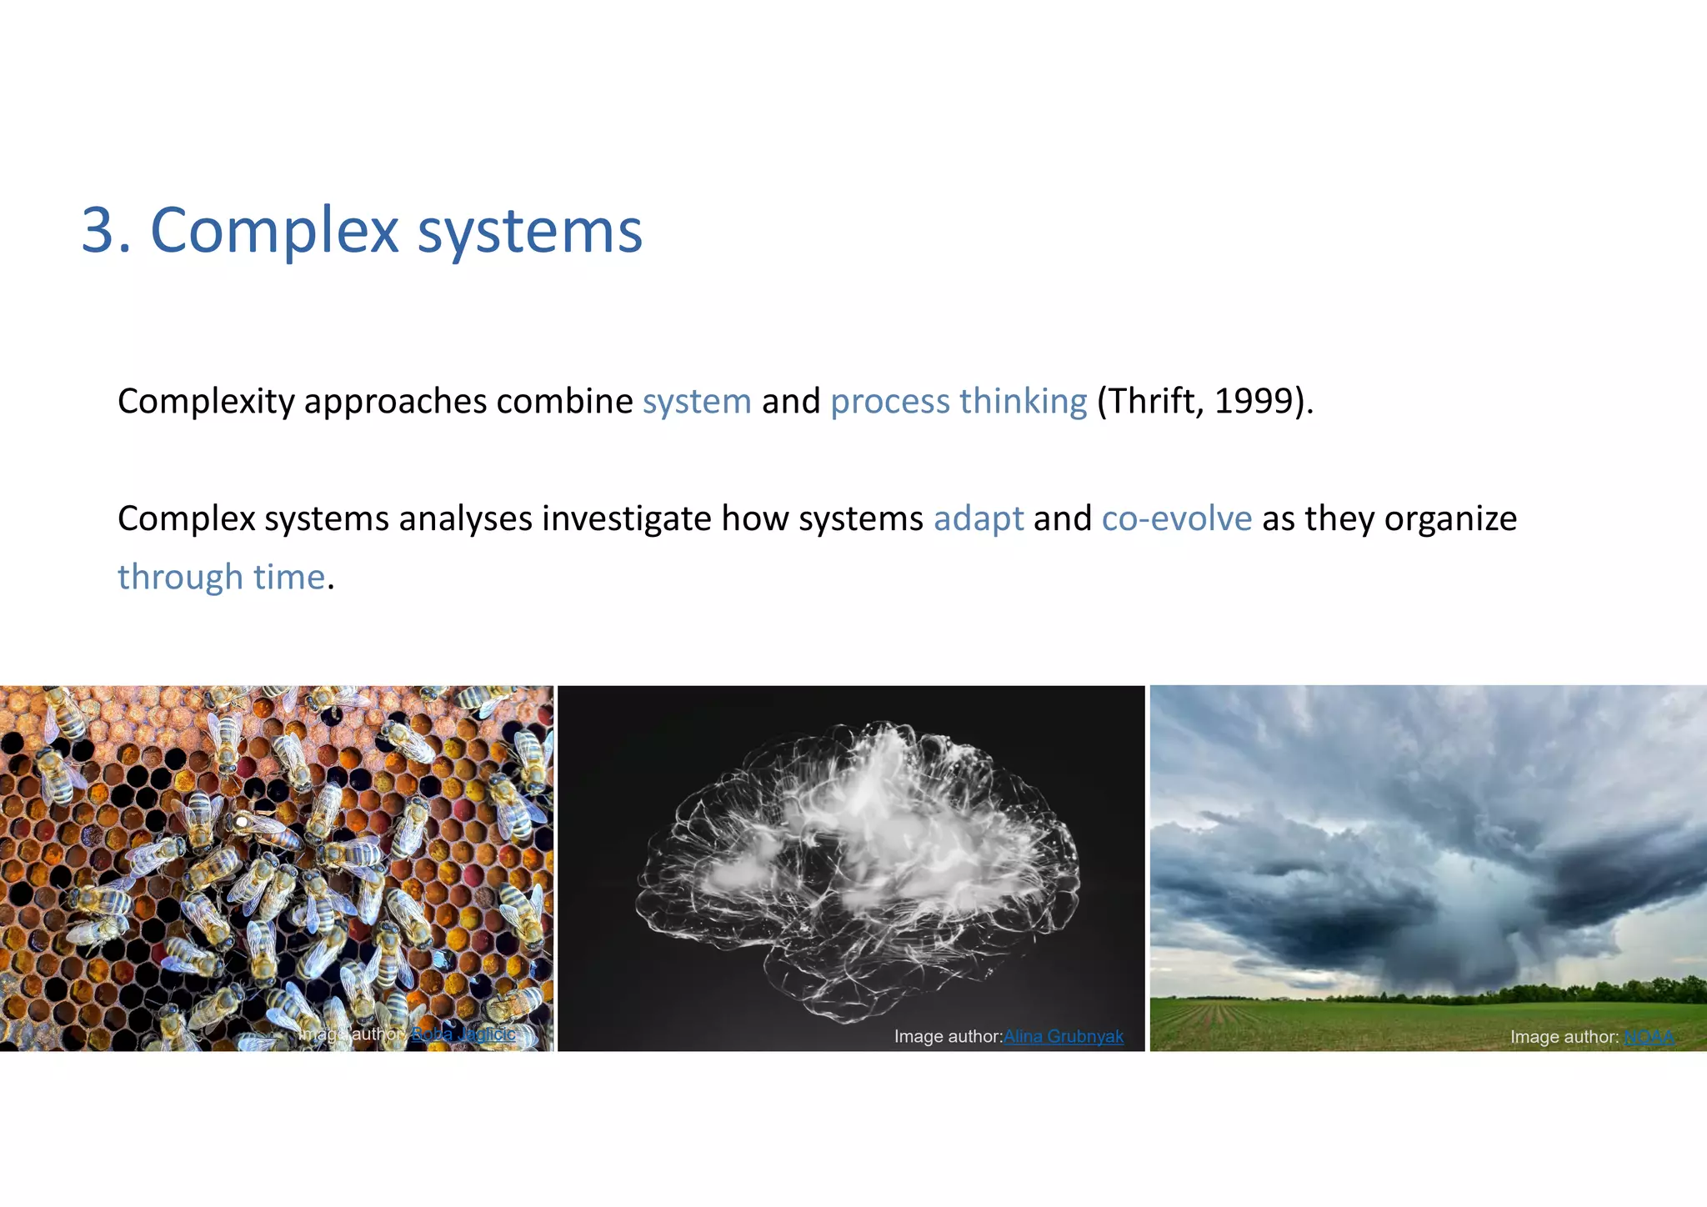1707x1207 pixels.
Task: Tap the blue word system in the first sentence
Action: pos(697,402)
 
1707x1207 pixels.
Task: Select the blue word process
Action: pos(889,402)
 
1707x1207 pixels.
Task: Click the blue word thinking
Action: pos(1023,402)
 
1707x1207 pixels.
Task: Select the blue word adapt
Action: pos(978,519)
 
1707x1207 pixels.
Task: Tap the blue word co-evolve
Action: pos(1176,519)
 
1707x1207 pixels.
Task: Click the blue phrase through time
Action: pos(221,578)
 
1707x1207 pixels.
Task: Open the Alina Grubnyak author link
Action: pos(1063,1036)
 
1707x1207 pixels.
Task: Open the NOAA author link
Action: pos(1649,1037)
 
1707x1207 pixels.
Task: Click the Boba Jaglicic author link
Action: pos(463,1034)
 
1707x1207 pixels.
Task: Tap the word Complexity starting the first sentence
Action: pos(206,402)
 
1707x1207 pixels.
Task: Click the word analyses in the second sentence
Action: pos(465,519)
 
